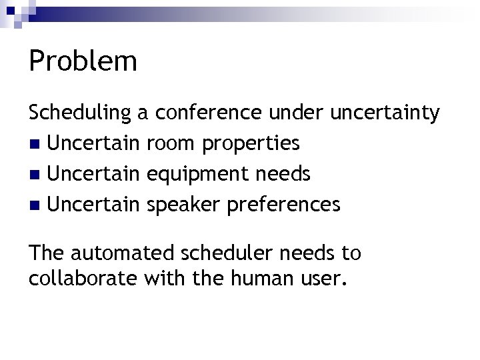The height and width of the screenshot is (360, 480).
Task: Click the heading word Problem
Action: click(83, 61)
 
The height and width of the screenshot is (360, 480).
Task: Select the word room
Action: click(168, 143)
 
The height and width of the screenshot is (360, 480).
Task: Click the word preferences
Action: click(284, 205)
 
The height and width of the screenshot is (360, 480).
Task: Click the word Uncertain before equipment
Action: click(94, 174)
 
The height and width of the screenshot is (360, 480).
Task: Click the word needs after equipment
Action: click(283, 174)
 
